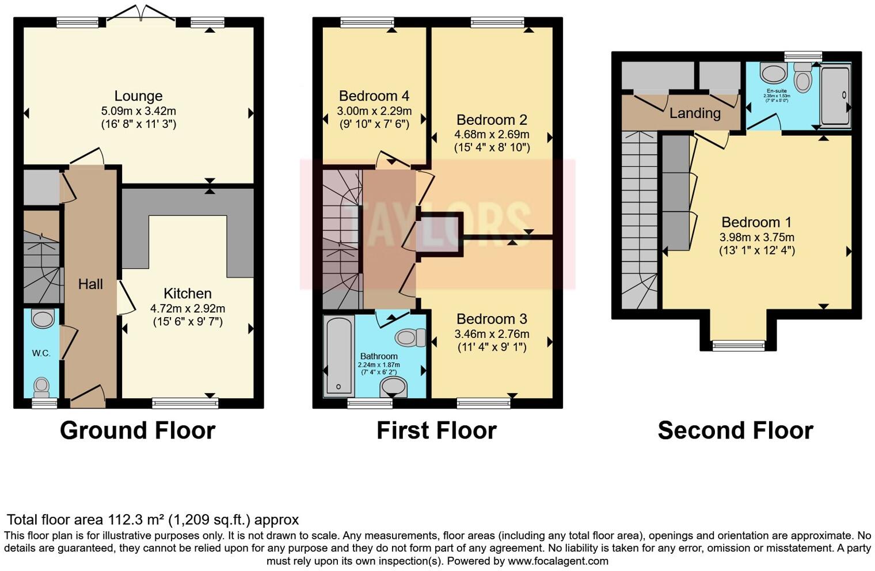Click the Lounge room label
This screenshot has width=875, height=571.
(x=138, y=96)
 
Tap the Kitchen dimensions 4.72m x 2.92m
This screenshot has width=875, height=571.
(x=188, y=308)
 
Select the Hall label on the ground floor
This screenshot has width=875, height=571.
(x=90, y=284)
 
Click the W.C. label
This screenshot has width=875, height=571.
(x=41, y=353)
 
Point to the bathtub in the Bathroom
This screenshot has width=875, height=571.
(x=338, y=356)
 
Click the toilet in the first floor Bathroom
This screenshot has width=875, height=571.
(x=411, y=337)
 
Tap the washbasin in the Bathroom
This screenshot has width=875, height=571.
(x=394, y=387)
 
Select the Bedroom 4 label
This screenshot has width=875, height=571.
(x=374, y=96)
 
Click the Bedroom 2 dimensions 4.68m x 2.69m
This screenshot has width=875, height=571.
(x=492, y=135)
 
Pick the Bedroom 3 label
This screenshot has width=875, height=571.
(x=492, y=319)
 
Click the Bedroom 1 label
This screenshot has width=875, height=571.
(x=756, y=222)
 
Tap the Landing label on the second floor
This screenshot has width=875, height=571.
(x=695, y=113)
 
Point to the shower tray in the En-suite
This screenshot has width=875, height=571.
(x=835, y=96)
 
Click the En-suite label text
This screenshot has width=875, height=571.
(x=777, y=91)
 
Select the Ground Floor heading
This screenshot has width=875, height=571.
(x=138, y=431)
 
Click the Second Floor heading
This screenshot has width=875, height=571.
(x=735, y=431)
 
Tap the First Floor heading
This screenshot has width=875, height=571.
(x=436, y=431)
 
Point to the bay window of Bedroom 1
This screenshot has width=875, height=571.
(x=739, y=345)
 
